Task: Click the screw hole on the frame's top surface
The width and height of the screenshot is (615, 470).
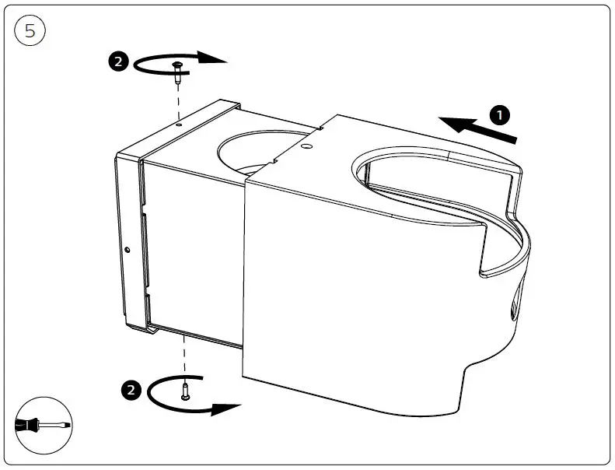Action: (178, 122)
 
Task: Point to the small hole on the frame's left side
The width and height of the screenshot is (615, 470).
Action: (126, 250)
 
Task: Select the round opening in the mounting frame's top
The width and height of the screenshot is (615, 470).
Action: (257, 153)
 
